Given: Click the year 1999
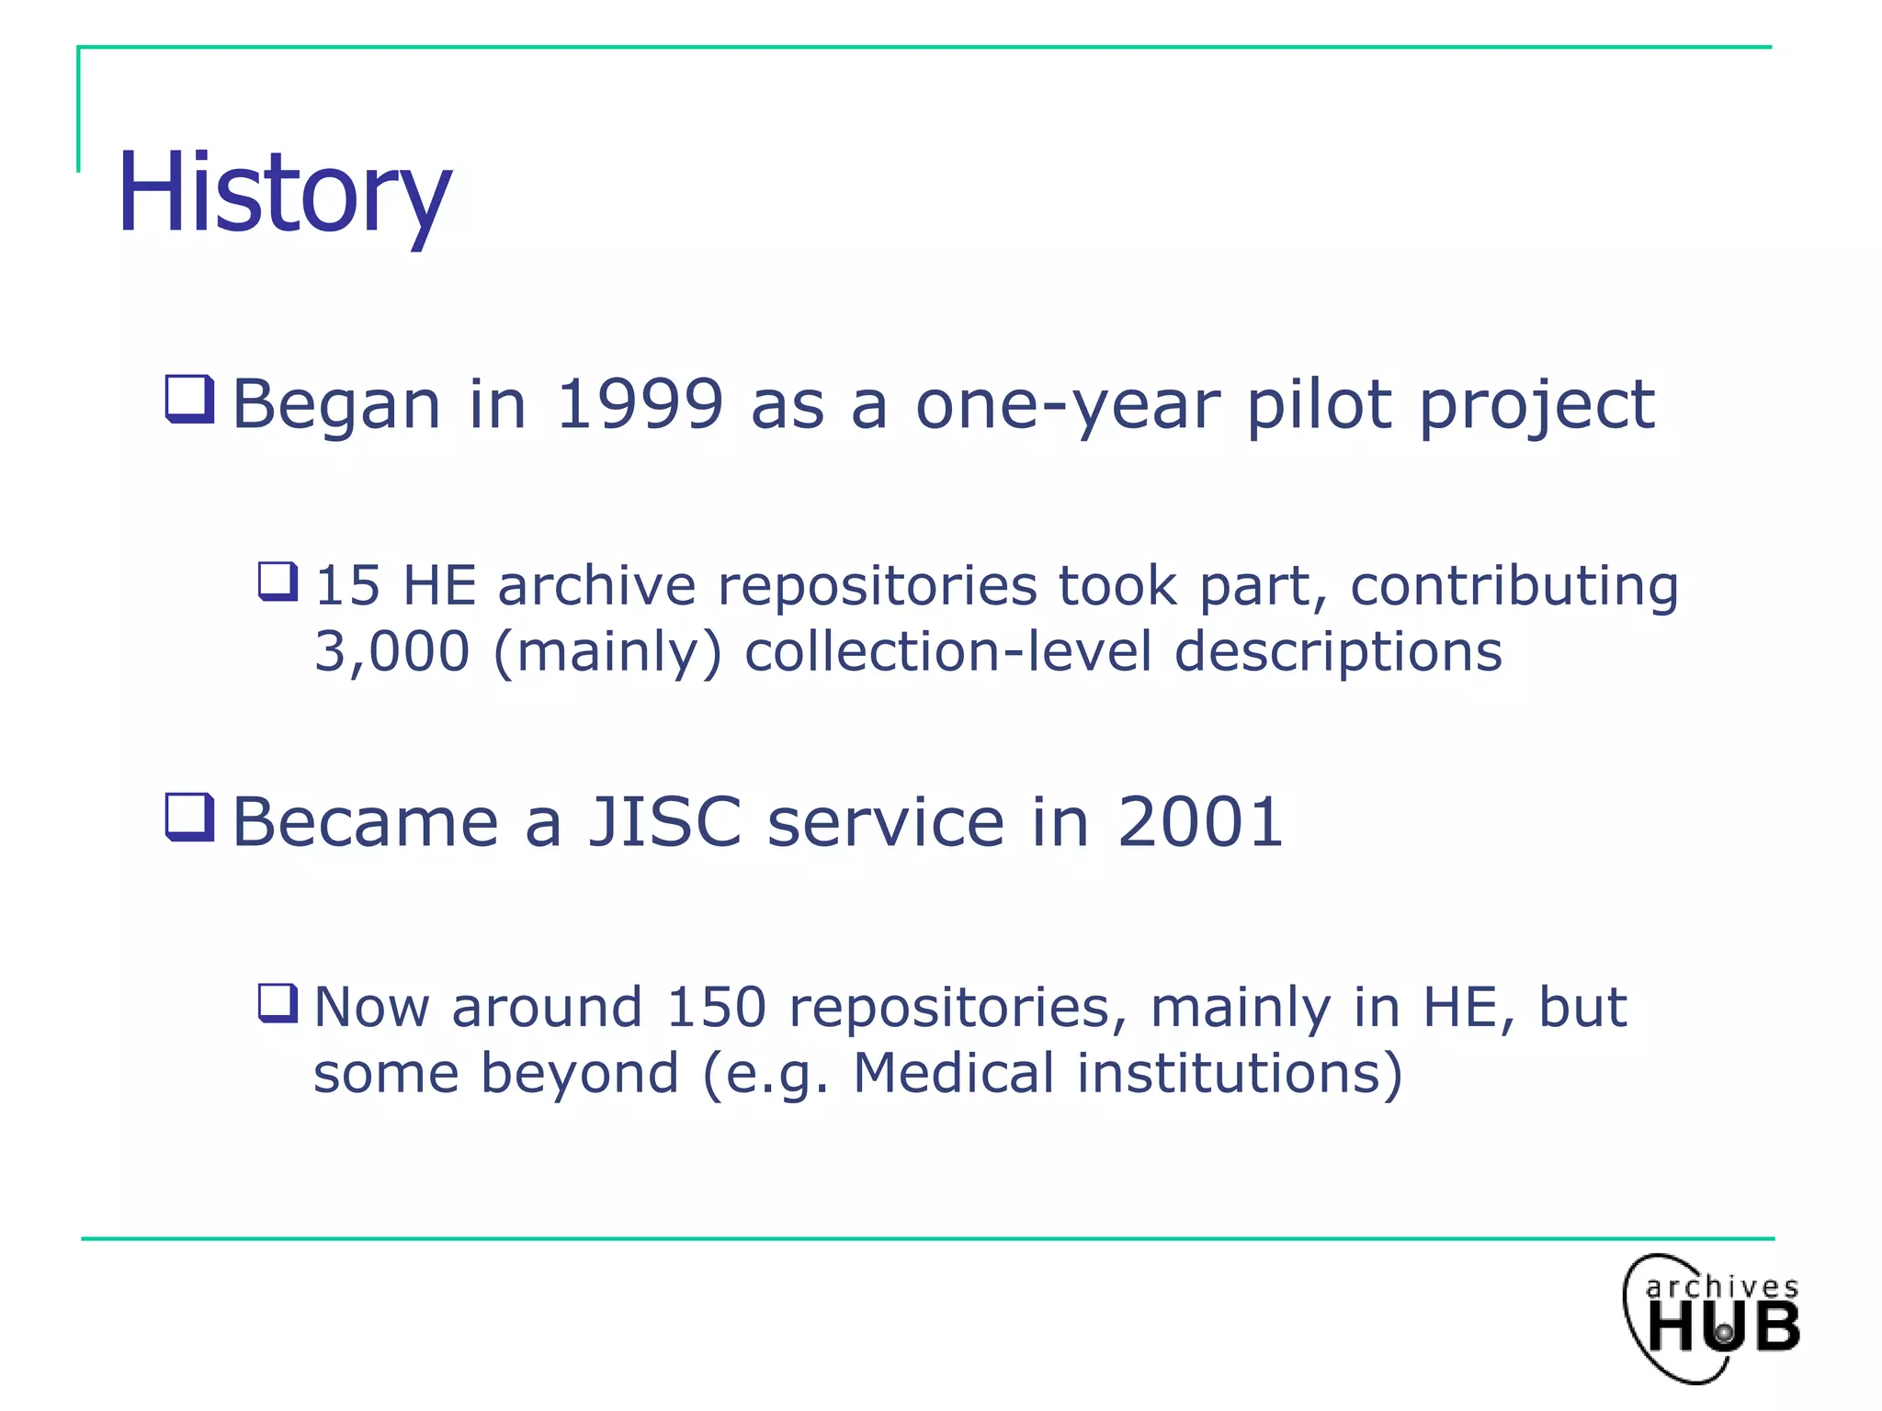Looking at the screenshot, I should (x=641, y=404).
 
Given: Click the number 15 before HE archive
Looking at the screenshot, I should (x=347, y=585).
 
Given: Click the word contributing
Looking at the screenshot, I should (x=1514, y=586).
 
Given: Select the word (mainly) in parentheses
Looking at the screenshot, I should (x=607, y=652).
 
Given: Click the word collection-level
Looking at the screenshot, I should (x=947, y=651).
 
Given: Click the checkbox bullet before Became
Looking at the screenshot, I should (x=189, y=817).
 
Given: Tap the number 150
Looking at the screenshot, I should (x=716, y=1007).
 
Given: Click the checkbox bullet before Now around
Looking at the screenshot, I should (x=278, y=1003).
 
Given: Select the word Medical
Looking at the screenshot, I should (x=954, y=1073).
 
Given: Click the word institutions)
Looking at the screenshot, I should (x=1240, y=1073).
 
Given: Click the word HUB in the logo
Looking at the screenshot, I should (x=1723, y=1327).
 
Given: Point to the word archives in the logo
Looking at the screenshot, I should (x=1721, y=1286).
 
